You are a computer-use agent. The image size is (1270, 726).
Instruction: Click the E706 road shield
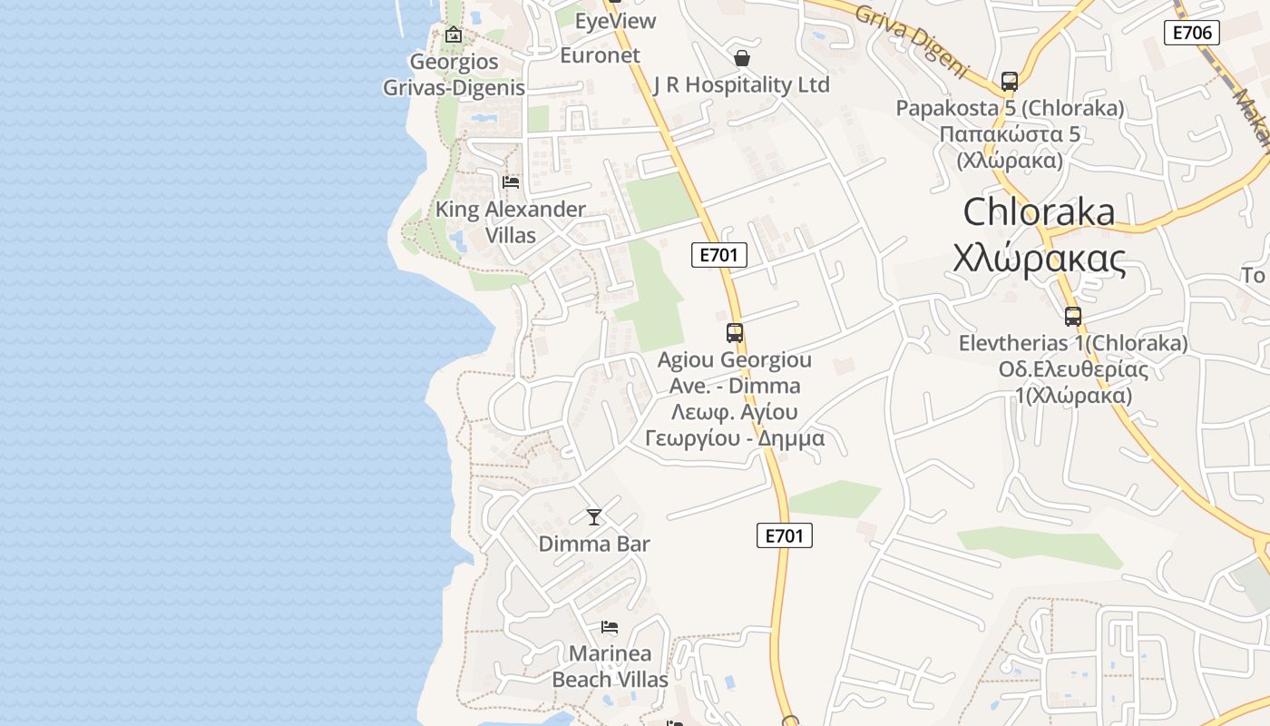click(x=1191, y=34)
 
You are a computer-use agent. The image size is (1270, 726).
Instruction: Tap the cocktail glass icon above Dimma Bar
click(x=594, y=517)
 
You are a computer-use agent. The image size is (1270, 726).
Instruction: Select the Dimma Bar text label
click(x=594, y=544)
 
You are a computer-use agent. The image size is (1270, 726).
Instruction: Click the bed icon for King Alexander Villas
click(x=511, y=182)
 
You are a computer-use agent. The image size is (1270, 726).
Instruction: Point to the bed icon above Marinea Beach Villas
click(x=610, y=627)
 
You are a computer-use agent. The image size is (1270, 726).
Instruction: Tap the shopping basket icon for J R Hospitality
click(x=742, y=58)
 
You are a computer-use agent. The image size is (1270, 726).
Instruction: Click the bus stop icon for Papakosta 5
click(x=1010, y=82)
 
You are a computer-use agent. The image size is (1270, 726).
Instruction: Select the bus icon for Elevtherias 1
click(x=1073, y=317)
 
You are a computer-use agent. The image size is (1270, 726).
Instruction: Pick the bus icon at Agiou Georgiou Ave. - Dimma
click(x=735, y=333)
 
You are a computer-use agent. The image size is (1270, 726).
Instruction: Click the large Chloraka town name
click(x=1039, y=212)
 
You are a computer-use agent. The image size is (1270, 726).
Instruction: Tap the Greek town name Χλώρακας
click(x=1040, y=259)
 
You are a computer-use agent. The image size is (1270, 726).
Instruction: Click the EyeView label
click(x=615, y=21)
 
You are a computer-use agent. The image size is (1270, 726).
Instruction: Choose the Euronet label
click(x=600, y=55)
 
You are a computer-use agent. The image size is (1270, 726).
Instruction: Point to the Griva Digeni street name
click(x=911, y=42)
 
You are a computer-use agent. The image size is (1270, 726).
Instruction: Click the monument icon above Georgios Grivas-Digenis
click(x=453, y=35)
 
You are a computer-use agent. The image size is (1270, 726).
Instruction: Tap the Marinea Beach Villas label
click(x=610, y=666)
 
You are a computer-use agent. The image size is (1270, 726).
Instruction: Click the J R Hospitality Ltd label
click(x=741, y=85)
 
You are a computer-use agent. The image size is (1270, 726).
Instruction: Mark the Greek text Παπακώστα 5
click(x=1010, y=134)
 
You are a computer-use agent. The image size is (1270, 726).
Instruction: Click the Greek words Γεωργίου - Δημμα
click(x=735, y=439)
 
